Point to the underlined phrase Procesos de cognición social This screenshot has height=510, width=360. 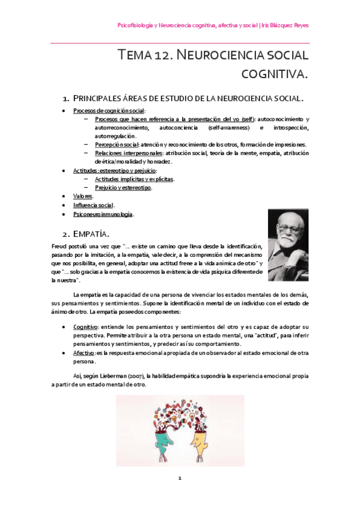109,111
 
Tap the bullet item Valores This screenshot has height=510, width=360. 83,197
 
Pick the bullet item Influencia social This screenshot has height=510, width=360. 93,205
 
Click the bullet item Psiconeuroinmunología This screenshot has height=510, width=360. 103,214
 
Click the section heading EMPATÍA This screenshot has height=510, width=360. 97,232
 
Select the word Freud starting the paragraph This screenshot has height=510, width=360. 61,247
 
